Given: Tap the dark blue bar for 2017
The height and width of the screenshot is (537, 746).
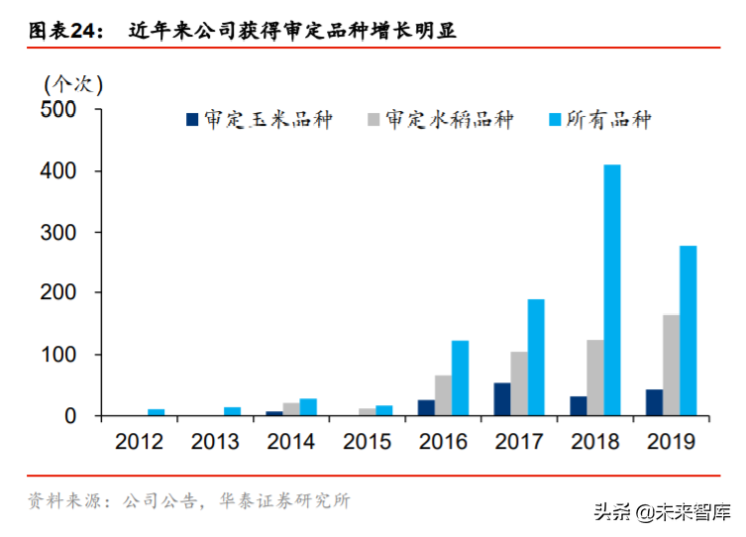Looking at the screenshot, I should (x=502, y=399).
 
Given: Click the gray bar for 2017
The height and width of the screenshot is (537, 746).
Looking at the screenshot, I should (x=519, y=383).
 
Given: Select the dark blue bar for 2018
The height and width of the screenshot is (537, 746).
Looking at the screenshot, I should (x=578, y=406).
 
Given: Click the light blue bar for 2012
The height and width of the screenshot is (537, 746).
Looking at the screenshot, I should (x=156, y=412).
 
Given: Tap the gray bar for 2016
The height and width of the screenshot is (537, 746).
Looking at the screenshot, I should (x=443, y=395).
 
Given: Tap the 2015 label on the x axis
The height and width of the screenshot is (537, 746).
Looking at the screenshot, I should (x=367, y=441).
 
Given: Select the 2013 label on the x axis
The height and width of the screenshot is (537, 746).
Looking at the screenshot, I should (x=215, y=441).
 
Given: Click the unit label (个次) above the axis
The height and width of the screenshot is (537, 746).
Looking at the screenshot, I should (x=72, y=81).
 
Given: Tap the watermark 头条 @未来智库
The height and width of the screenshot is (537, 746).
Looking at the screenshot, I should (x=662, y=512).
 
